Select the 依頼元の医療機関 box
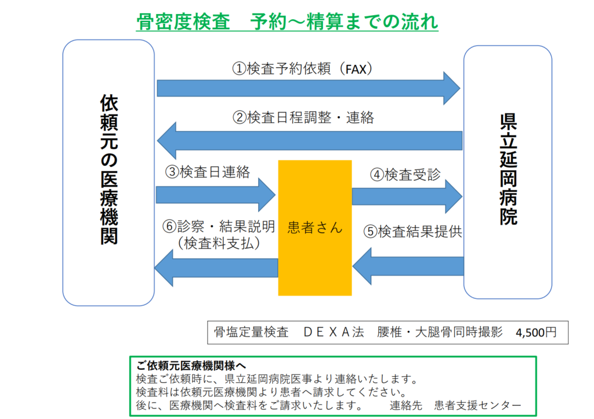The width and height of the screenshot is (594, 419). click(108, 172)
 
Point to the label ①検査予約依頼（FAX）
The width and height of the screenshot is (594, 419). click(302, 68)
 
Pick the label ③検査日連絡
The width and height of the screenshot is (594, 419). click(207, 172)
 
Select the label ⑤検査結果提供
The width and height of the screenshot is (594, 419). click(412, 232)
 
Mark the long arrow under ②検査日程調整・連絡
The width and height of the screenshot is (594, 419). click(309, 140)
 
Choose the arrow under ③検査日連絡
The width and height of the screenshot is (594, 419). click(215, 194)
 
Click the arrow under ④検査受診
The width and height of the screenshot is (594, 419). click(407, 196)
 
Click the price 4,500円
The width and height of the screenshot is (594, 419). click(535, 333)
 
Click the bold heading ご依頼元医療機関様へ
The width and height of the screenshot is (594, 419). click(191, 366)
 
